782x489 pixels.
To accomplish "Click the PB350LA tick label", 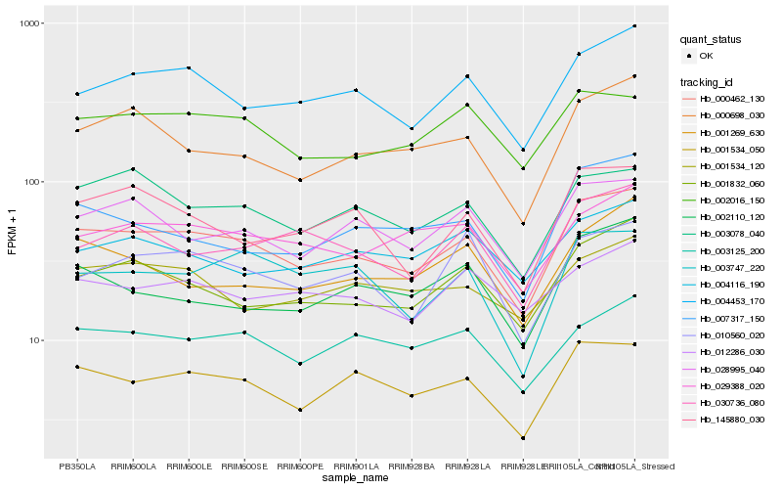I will point(77,466).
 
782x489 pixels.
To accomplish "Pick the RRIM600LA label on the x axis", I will point(133,466).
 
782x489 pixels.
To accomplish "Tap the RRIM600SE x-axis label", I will point(244,466).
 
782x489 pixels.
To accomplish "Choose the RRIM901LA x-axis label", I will point(356,466).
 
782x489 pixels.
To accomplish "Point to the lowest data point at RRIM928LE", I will point(523,438).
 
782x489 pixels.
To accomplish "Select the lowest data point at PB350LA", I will point(77,367).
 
